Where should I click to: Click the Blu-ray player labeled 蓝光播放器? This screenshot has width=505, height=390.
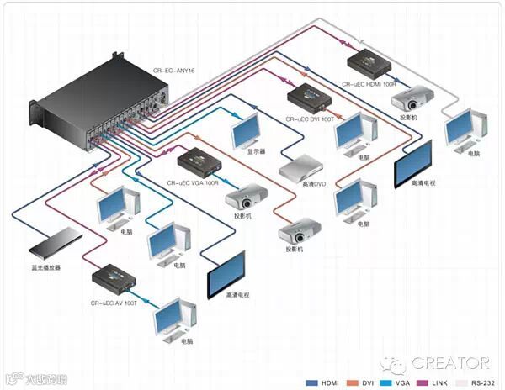pyautogui.click(x=54, y=244)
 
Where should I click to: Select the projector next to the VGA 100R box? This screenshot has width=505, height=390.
pyautogui.click(x=246, y=198)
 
